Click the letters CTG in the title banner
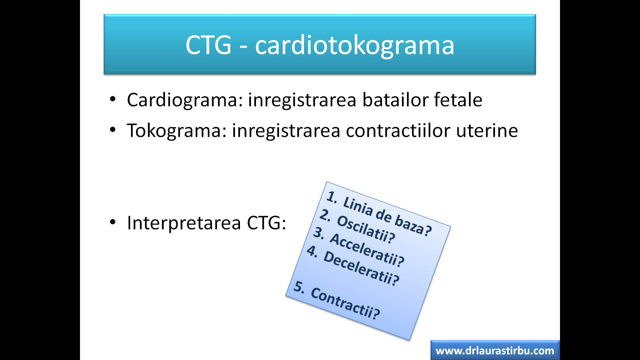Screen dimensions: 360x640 pyautogui.click(x=208, y=45)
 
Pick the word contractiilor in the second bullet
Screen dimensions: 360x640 pyautogui.click(x=398, y=130)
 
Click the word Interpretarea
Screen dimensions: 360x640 pyautogui.click(x=184, y=223)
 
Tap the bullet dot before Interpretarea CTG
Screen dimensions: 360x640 pyautogui.click(x=113, y=222)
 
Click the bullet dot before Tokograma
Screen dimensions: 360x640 pyautogui.click(x=113, y=130)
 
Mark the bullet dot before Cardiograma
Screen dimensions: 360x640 pyautogui.click(x=113, y=99)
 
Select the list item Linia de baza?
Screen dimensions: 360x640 pyautogui.click(x=387, y=215)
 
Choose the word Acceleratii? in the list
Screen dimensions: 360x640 pyautogui.click(x=367, y=250)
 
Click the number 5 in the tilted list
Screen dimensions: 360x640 pyautogui.click(x=299, y=287)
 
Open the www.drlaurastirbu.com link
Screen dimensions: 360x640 pyautogui.click(x=495, y=351)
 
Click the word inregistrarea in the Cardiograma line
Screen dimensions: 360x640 pyautogui.click(x=302, y=100)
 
